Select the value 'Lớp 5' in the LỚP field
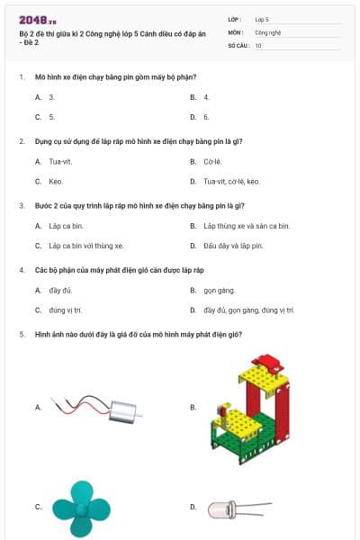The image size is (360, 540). [262, 19]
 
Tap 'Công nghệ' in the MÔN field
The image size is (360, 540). [268, 31]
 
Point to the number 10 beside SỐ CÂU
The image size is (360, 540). [258, 44]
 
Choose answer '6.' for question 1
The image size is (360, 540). [206, 117]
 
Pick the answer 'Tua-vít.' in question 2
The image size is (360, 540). [60, 162]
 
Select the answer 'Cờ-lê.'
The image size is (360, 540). [212, 162]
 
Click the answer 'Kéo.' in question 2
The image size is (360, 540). [56, 181]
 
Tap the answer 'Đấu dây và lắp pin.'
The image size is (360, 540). [233, 245]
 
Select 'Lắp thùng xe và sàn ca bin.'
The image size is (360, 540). [247, 226]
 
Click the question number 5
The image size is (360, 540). [21, 335]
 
